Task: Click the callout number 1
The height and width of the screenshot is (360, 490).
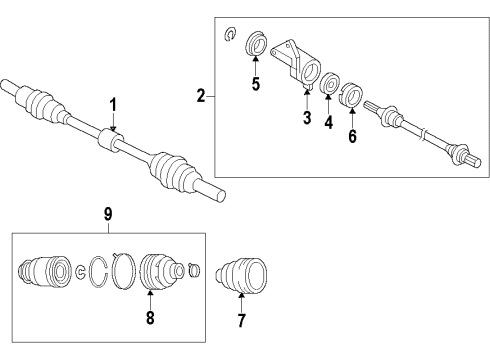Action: (113, 105)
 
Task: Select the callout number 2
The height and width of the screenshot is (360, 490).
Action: (201, 96)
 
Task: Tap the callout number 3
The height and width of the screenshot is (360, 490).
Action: (307, 117)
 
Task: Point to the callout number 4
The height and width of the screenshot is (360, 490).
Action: (329, 122)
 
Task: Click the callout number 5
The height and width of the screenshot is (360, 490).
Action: (256, 83)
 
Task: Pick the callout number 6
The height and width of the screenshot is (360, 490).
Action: (352, 136)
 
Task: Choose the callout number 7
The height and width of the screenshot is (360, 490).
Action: (241, 320)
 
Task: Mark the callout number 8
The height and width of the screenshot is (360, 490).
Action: (150, 317)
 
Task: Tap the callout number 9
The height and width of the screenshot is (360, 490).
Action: (108, 214)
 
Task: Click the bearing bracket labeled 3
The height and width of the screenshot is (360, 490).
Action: (296, 64)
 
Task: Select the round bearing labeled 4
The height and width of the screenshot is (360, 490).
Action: (329, 83)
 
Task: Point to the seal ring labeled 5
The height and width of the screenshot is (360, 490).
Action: (256, 43)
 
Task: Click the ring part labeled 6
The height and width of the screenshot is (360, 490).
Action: (351, 95)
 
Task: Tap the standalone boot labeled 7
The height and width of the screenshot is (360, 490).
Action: (242, 275)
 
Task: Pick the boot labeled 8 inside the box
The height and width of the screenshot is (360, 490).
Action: (162, 271)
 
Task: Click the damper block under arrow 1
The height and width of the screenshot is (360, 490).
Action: (111, 142)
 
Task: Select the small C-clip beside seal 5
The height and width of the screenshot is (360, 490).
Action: (230, 34)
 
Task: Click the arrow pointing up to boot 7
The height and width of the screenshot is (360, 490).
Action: (241, 302)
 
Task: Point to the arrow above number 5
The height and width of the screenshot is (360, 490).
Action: (256, 66)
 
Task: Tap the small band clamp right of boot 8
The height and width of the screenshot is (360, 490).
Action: (194, 270)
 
